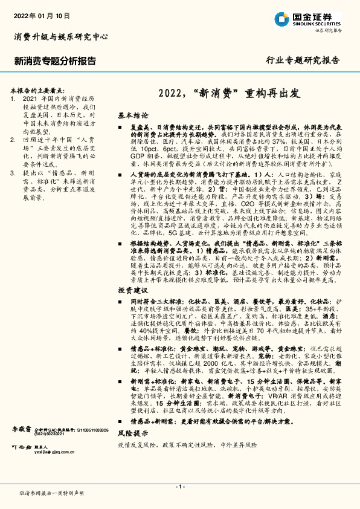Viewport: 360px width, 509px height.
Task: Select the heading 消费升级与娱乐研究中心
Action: (x=60, y=37)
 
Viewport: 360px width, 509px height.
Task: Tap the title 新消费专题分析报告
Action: (x=54, y=60)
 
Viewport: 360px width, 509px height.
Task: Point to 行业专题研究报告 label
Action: (x=303, y=60)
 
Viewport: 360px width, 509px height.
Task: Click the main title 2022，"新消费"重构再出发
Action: (x=231, y=94)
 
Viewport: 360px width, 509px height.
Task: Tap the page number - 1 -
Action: (x=180, y=486)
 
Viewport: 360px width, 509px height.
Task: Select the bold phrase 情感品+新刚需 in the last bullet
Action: (x=158, y=437)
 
